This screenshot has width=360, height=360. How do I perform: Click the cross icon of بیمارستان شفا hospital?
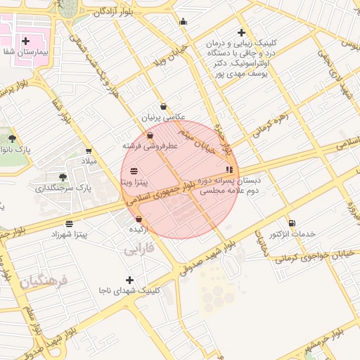[x=26, y=41]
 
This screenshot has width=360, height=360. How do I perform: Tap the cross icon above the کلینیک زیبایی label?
[x=241, y=32]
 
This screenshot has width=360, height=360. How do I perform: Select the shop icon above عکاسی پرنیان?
[x=163, y=107]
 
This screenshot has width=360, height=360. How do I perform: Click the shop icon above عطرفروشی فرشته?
[x=150, y=136]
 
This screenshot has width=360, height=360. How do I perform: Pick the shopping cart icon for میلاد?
[x=89, y=150]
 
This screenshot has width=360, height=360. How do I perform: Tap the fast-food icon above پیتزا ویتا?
[x=134, y=171]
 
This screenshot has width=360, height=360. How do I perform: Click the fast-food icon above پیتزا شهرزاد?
[x=68, y=224]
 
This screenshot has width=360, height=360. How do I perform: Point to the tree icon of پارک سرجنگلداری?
[x=63, y=177]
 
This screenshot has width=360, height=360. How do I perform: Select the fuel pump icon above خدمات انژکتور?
[x=292, y=223]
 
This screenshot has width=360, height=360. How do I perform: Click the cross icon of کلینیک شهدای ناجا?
[x=129, y=280]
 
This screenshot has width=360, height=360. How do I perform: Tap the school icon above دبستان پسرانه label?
[x=229, y=169]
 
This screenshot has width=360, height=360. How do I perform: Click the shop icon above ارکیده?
[x=139, y=219]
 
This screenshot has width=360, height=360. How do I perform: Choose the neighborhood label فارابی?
[x=139, y=250]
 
